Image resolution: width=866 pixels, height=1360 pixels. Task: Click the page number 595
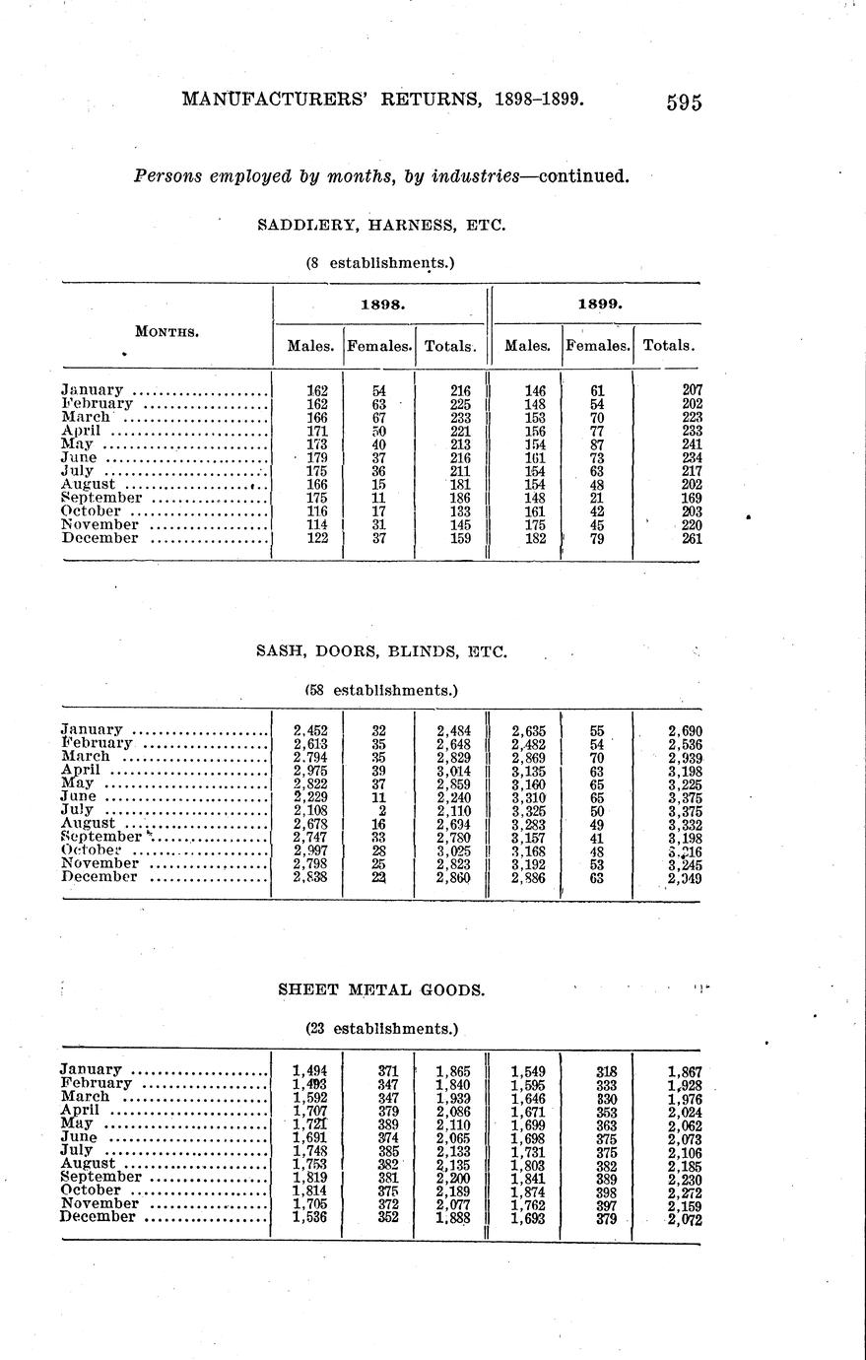683,102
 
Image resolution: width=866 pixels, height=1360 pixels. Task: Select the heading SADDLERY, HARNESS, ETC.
381,225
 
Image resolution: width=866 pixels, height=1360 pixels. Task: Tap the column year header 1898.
379,305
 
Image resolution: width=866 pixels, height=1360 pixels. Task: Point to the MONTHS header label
167,332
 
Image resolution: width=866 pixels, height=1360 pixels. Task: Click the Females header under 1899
598,346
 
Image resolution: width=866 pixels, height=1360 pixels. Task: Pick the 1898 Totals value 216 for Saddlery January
458,390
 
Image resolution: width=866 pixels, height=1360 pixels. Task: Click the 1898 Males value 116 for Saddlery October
316,511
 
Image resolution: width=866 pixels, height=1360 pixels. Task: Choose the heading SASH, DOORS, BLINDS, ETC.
381,651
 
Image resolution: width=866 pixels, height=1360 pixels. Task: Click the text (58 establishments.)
381,690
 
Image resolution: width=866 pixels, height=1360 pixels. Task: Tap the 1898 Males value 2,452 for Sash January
310,730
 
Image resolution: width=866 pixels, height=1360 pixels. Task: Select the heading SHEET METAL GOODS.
381,988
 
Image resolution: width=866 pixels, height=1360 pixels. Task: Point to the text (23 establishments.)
381,1028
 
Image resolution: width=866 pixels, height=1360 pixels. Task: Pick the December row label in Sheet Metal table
98,1217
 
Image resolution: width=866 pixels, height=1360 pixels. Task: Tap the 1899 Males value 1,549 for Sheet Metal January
528,1069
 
